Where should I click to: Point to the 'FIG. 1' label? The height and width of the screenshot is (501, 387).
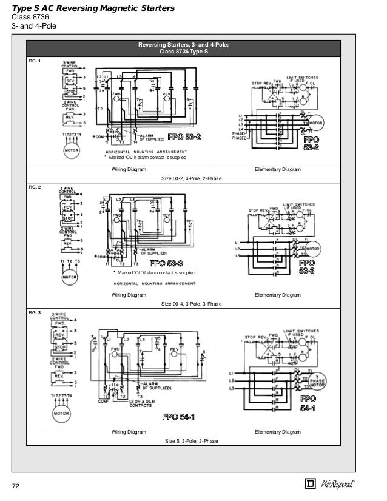click(36, 61)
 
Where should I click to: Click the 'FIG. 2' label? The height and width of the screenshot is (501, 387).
click(36, 188)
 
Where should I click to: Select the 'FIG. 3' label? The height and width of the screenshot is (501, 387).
click(36, 313)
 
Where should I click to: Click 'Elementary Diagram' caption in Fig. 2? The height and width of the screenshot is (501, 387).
click(277, 295)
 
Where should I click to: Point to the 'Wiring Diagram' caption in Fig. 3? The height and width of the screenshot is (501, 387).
click(129, 432)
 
